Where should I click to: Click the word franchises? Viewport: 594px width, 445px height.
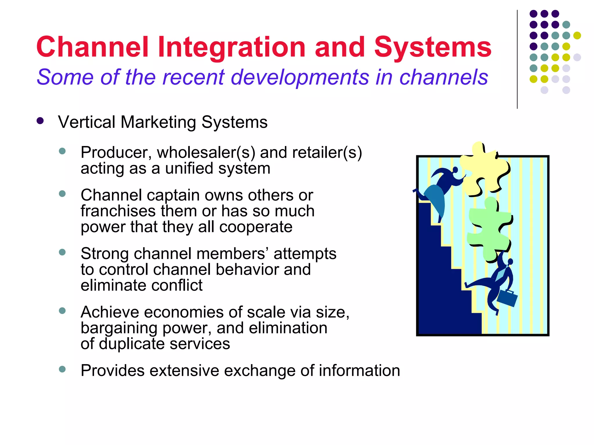click(x=118, y=211)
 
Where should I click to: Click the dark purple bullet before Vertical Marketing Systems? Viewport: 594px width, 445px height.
click(x=40, y=121)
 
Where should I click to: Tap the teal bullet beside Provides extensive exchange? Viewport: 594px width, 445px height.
click(x=62, y=369)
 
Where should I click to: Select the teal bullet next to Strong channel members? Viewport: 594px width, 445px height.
click(x=62, y=252)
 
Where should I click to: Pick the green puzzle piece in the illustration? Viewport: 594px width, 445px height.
click(x=489, y=229)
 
